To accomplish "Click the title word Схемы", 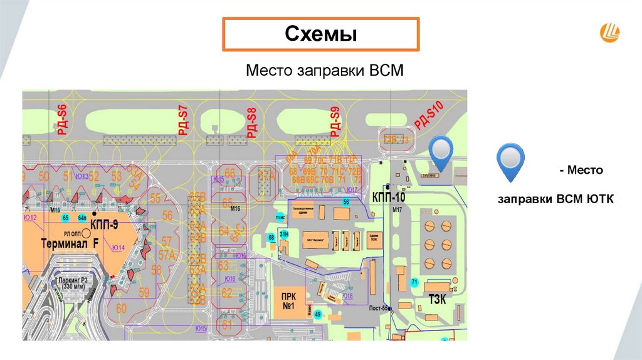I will pyautogui.click(x=321, y=34).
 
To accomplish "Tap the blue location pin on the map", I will pyautogui.click(x=443, y=153).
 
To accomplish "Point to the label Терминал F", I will pyautogui.click(x=70, y=243).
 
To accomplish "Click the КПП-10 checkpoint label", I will pyautogui.click(x=389, y=196).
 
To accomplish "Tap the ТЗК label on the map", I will pyautogui.click(x=437, y=299).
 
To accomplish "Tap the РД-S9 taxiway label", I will pyautogui.click(x=335, y=122).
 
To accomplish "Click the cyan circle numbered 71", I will pyautogui.click(x=414, y=283).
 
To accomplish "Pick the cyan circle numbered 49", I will pyautogui.click(x=318, y=315).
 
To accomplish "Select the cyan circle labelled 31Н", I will pyautogui.click(x=284, y=234).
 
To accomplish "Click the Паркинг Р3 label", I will pyautogui.click(x=76, y=281).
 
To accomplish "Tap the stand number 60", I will pyautogui.click(x=121, y=308).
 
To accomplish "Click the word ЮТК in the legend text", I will pyautogui.click(x=601, y=199).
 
